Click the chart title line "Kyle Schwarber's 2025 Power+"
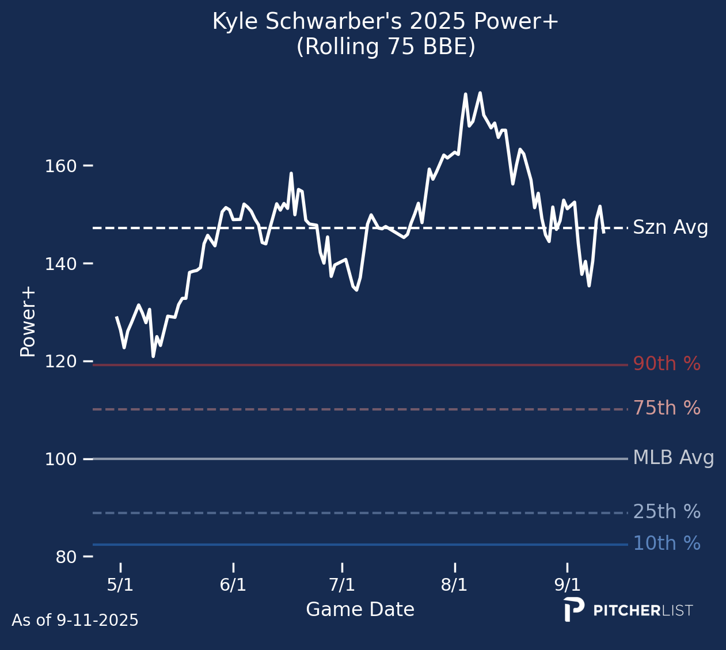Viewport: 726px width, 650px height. [385, 22]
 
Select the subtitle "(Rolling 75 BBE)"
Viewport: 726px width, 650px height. [386, 47]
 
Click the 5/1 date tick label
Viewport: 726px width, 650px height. [120, 586]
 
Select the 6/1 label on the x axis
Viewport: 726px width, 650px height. [233, 586]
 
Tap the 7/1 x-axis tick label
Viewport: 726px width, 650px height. [342, 586]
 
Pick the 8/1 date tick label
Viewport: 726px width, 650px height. [454, 586]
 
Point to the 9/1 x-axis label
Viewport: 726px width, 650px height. [567, 586]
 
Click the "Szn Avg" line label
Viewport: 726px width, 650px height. [670, 228]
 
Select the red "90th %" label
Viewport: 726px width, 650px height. [667, 364]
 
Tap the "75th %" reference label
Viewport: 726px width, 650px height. [667, 409]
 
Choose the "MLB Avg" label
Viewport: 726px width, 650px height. [674, 458]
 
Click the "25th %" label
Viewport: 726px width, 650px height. [667, 512]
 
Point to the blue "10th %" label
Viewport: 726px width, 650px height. [667, 544]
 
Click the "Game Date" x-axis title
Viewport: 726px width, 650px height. [360, 610]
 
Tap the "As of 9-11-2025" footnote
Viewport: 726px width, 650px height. [75, 621]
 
